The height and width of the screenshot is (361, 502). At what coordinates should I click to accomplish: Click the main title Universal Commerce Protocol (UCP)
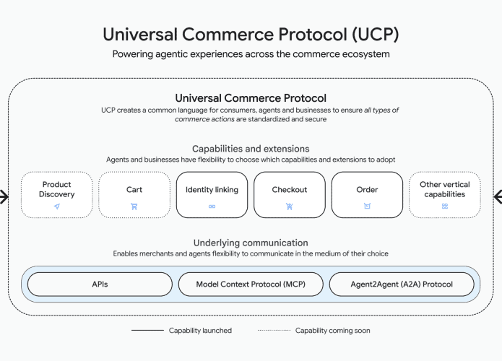click(x=251, y=35)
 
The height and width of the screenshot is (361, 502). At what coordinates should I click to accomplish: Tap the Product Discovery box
click(x=56, y=194)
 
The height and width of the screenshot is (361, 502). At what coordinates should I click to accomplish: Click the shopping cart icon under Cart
click(x=134, y=206)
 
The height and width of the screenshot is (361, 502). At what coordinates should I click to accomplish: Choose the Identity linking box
click(x=212, y=194)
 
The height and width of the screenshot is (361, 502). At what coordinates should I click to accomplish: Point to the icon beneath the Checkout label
click(x=290, y=206)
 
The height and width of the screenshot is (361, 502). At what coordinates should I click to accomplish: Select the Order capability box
click(x=367, y=194)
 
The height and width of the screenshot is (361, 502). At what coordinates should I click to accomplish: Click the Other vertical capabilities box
click(x=444, y=194)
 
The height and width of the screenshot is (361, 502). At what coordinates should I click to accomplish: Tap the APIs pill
click(x=100, y=284)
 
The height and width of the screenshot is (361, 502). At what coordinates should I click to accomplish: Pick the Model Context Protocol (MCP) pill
click(x=251, y=284)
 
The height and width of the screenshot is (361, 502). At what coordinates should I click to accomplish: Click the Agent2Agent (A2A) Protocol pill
click(x=402, y=284)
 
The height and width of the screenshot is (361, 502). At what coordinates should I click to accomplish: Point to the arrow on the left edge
click(x=4, y=196)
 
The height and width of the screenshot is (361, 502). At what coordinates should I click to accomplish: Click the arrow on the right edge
click(x=497, y=196)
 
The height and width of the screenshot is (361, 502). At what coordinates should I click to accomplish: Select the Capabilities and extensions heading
click(x=251, y=149)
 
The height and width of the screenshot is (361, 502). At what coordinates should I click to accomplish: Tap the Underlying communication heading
click(x=251, y=243)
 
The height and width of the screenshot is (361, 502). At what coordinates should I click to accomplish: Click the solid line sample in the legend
click(x=147, y=331)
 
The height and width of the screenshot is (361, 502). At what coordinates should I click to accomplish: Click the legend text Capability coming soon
click(x=332, y=331)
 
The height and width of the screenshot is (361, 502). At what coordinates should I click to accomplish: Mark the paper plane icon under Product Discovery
click(x=56, y=206)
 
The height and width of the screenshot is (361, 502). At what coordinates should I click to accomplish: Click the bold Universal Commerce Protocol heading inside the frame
click(x=251, y=97)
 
